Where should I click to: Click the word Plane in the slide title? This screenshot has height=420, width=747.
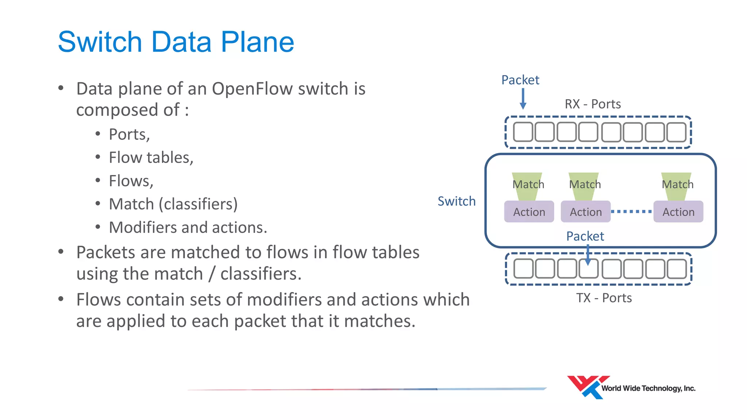pyautogui.click(x=257, y=42)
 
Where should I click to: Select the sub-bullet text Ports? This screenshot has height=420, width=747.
pyautogui.click(x=129, y=135)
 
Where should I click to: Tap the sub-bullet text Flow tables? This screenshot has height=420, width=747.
pyautogui.click(x=151, y=158)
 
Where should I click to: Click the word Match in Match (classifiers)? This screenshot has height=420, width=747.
pyautogui.click(x=131, y=204)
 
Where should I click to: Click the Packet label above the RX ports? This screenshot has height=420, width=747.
pyautogui.click(x=520, y=80)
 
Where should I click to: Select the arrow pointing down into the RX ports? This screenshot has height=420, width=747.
pyautogui.click(x=523, y=99)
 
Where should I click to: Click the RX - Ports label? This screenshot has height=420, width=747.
pyautogui.click(x=593, y=104)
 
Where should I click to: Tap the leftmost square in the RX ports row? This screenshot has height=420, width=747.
pyautogui.click(x=523, y=132)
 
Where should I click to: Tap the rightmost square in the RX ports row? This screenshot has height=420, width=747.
pyautogui.click(x=677, y=132)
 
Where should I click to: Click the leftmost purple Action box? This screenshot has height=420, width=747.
pyautogui.click(x=529, y=212)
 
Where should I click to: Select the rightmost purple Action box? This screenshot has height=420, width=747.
pyautogui.click(x=678, y=212)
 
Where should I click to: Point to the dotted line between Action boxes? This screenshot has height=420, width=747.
pyautogui.click(x=631, y=211)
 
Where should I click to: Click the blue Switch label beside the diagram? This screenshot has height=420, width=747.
pyautogui.click(x=456, y=201)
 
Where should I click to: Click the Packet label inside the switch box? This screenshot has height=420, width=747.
pyautogui.click(x=585, y=236)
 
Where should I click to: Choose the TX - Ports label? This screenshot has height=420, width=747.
pyautogui.click(x=604, y=298)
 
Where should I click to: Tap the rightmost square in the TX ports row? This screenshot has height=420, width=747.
pyautogui.click(x=677, y=269)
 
